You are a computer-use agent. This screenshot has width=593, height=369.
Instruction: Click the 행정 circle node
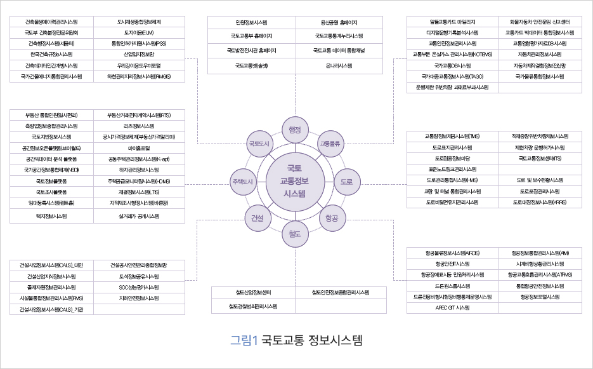point(294,130)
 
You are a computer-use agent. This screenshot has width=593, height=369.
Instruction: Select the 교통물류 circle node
point(330,144)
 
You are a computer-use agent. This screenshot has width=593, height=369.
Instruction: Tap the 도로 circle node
point(346,182)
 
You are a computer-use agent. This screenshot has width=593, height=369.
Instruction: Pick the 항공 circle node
point(331,218)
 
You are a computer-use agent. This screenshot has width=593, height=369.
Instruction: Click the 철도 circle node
point(294,233)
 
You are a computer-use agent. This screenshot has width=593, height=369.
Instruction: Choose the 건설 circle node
point(257,218)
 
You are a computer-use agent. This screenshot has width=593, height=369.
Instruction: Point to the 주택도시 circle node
point(243,181)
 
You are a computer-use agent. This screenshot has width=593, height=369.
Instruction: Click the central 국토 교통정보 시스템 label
point(295,181)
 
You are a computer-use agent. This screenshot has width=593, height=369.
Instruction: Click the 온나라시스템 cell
point(339,65)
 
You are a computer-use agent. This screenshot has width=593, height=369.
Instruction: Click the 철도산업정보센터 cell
point(253,293)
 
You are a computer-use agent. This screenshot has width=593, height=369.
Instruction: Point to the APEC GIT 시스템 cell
point(452,307)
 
